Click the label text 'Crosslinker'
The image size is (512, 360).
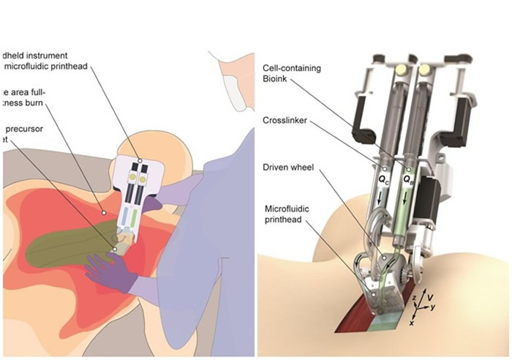[284, 119]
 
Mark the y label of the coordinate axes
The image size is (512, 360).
[433, 308]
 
